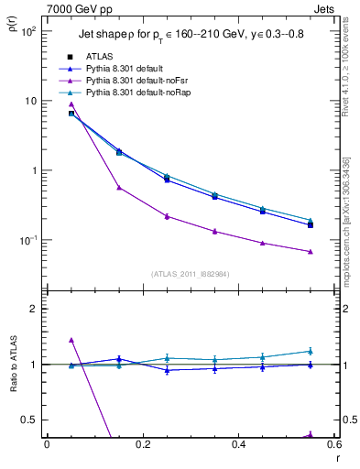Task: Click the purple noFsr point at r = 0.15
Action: pos(119,188)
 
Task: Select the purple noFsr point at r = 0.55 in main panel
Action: pos(311,251)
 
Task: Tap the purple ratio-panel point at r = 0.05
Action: pos(71,340)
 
